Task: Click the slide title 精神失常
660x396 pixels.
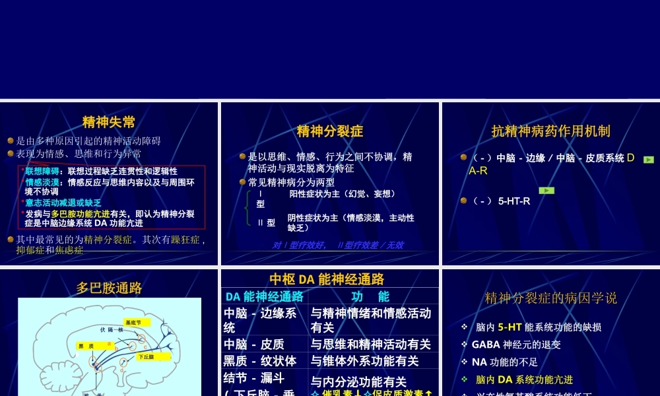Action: (x=109, y=122)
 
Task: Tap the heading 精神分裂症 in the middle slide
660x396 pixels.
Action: (x=330, y=131)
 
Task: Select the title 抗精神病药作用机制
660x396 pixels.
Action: (x=551, y=131)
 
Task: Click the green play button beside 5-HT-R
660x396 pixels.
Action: (x=546, y=191)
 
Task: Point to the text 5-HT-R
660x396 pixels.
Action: (x=514, y=201)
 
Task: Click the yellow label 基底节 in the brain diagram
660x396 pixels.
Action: (x=133, y=323)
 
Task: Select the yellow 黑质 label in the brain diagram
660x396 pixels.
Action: (x=86, y=346)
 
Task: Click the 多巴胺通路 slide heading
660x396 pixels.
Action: (x=109, y=288)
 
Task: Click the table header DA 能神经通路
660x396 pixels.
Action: (x=265, y=296)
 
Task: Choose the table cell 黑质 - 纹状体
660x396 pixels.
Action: (x=260, y=361)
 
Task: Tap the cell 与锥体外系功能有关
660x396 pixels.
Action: (x=364, y=361)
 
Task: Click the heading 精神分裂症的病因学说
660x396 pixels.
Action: (x=551, y=298)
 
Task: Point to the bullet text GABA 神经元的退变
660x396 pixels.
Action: (x=516, y=345)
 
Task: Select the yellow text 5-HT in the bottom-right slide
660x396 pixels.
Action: (x=510, y=327)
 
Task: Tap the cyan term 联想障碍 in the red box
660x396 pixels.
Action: (x=41, y=172)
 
